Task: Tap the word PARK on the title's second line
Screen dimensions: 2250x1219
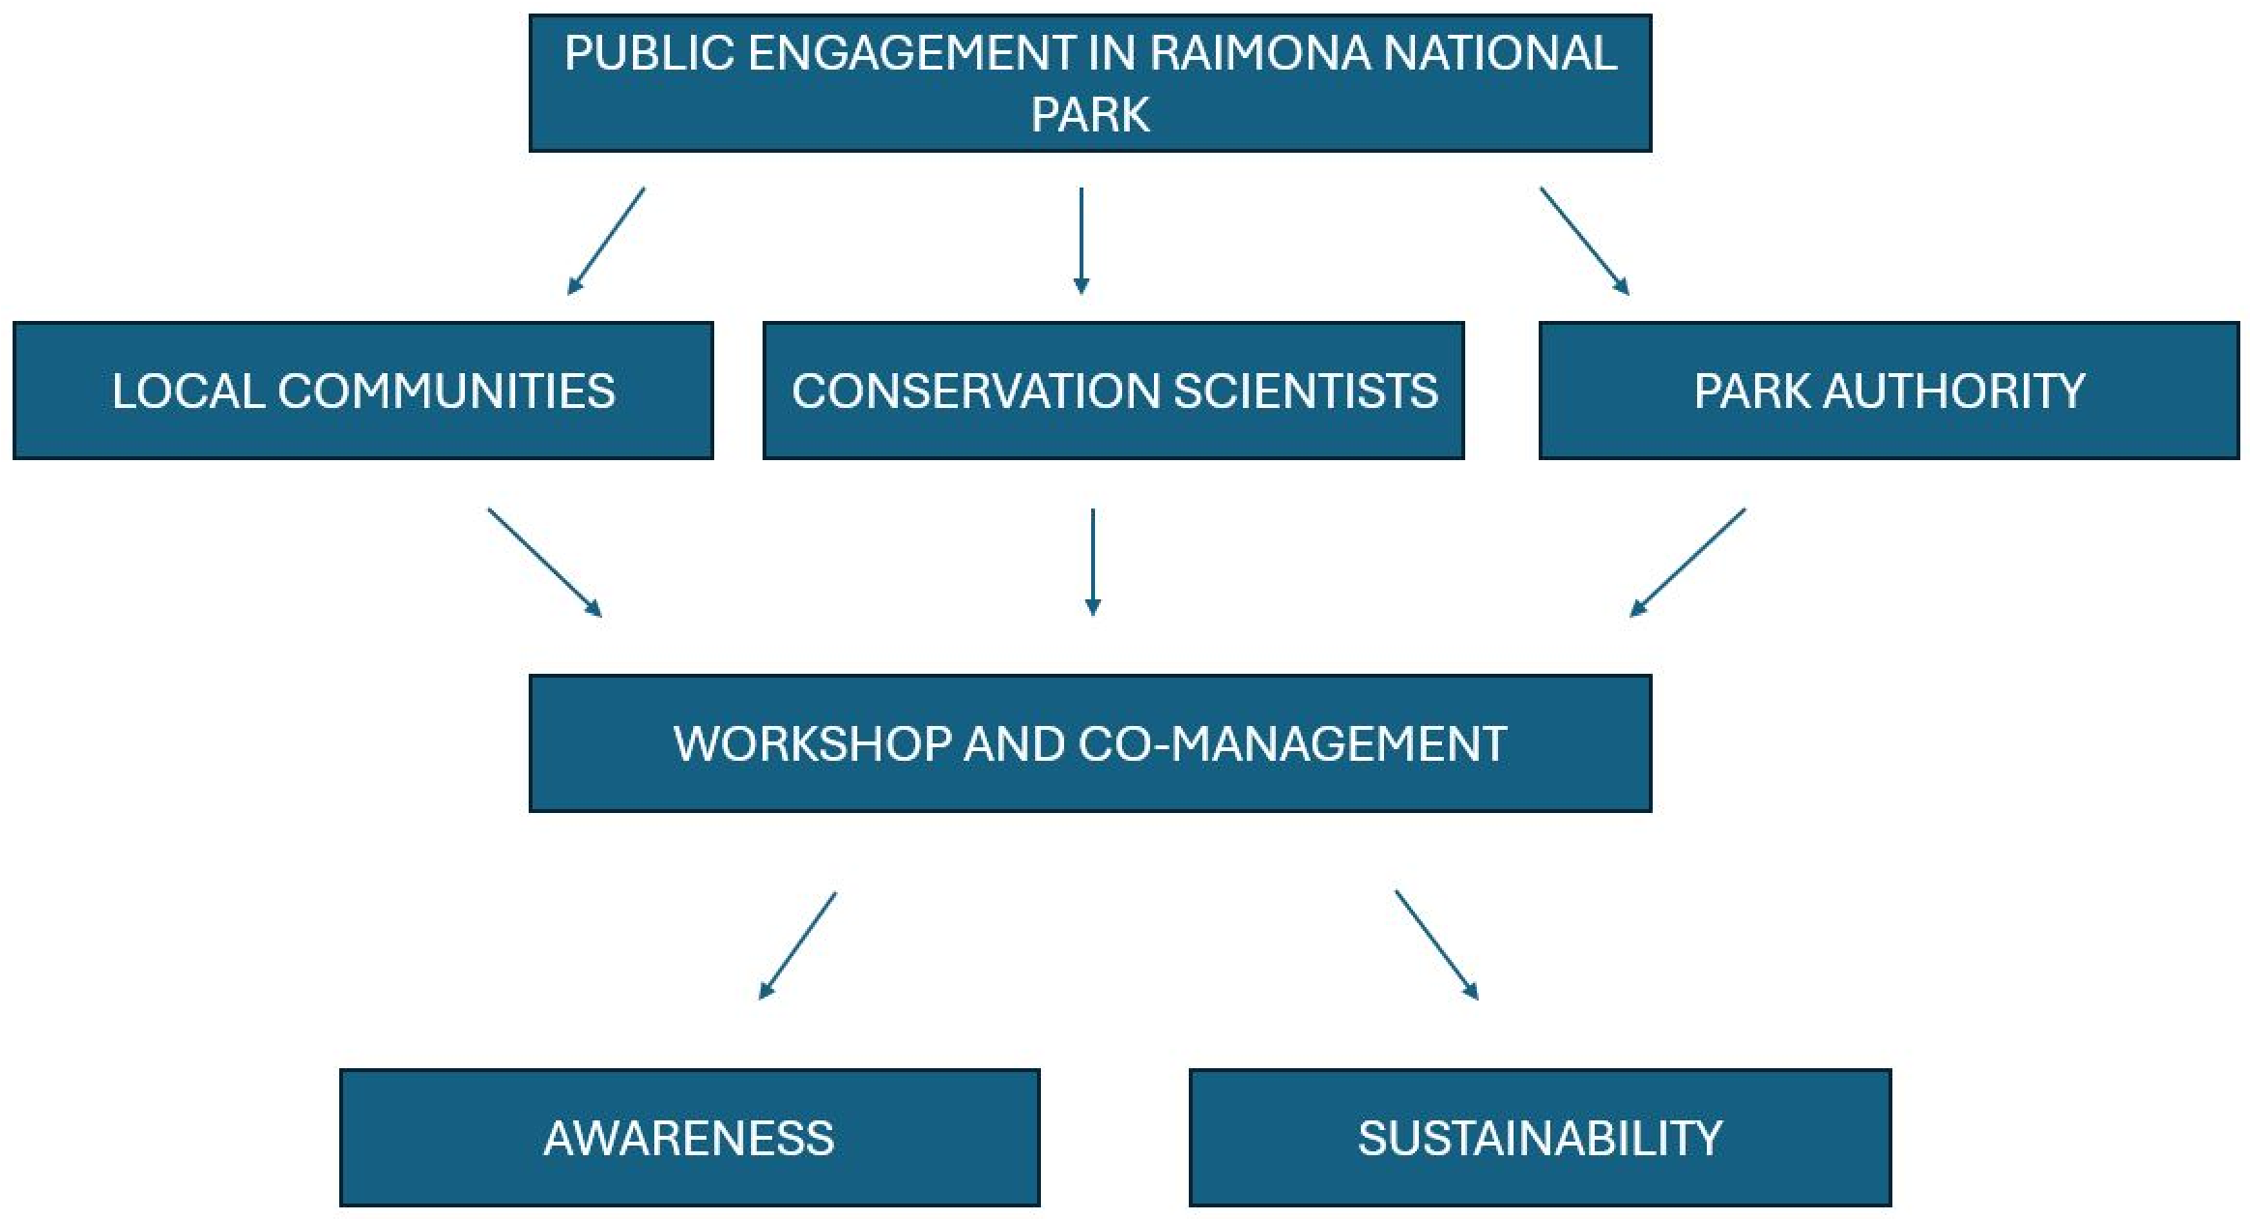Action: pos(1090,115)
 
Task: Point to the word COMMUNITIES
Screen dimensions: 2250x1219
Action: pos(447,392)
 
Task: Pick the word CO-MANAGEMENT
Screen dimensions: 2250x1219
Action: pos(1292,744)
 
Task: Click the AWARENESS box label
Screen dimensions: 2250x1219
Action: pos(689,1139)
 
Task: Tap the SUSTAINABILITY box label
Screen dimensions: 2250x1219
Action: pos(1540,1139)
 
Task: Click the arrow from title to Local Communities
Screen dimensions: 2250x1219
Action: pos(606,241)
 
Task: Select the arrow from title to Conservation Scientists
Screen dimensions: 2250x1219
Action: pos(1082,241)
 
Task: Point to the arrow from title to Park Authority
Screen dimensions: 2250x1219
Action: pos(1585,241)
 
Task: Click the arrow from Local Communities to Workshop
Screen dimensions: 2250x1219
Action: pos(545,563)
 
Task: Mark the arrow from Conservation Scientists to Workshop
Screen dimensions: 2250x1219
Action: pos(1093,563)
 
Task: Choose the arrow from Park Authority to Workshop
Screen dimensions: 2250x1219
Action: pos(1687,563)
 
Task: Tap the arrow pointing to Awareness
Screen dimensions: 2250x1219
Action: pos(797,945)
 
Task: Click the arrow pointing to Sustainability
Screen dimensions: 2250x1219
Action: pos(1437,944)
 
